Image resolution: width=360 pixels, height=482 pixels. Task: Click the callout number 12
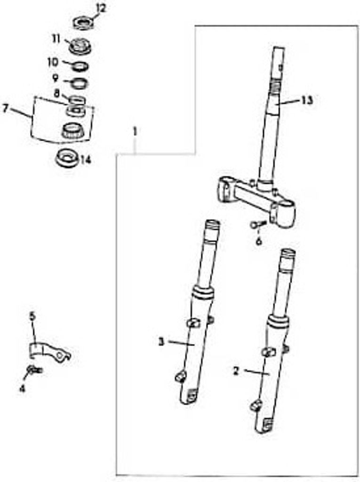100,8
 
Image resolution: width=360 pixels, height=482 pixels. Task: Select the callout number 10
53,62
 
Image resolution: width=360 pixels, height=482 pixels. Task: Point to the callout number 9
56,78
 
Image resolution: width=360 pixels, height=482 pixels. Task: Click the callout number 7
5,108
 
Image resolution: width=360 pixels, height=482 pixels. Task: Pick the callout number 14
86,160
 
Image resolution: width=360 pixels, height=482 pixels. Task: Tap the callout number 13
306,100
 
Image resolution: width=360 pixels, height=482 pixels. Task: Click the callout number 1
134,131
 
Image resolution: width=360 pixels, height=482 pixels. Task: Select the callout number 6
259,241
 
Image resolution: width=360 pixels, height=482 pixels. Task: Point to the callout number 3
161,342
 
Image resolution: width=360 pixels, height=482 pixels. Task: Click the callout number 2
236,371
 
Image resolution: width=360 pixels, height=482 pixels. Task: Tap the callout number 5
32,316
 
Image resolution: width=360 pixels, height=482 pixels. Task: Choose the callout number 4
22,388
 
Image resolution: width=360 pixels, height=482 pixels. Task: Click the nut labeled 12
82,24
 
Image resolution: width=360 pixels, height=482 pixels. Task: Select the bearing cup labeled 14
67,158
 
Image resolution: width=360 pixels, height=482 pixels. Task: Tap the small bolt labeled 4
35,370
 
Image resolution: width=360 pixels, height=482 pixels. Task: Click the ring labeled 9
79,83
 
